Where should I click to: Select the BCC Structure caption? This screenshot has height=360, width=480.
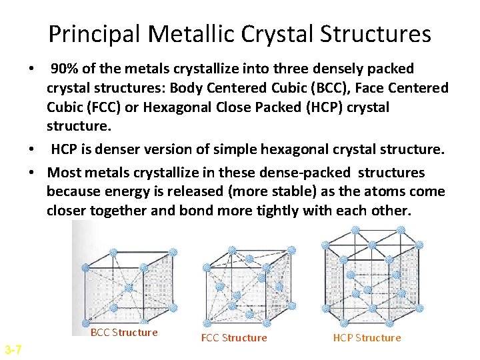point(124,333)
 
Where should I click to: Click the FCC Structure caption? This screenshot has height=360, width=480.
point(234,338)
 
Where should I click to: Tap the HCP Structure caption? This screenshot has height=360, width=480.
point(367,338)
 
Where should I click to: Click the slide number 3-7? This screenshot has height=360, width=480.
point(13,350)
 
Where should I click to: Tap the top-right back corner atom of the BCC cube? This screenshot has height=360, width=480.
point(172,252)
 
